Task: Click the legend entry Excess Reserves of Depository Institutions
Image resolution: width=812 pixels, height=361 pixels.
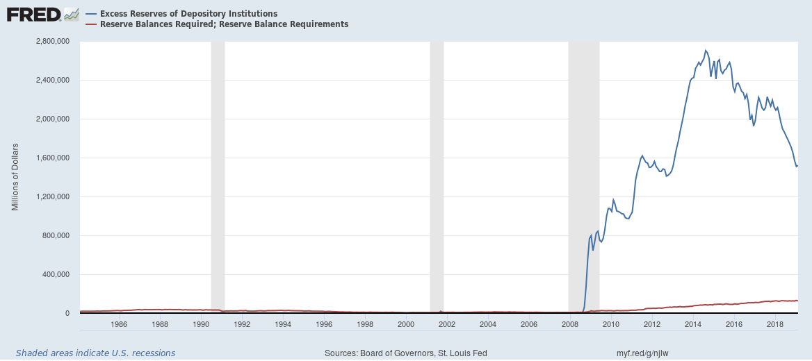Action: pyautogui.click(x=188, y=14)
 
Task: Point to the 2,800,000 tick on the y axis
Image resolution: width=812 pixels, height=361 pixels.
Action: pyautogui.click(x=52, y=42)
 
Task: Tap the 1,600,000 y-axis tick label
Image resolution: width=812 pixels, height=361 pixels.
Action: pyautogui.click(x=52, y=158)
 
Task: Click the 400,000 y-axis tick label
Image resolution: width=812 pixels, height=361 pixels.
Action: pyautogui.click(x=55, y=275)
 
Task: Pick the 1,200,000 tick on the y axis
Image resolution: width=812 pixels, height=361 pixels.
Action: pyautogui.click(x=52, y=197)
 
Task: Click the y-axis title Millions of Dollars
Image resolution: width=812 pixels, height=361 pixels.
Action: pyautogui.click(x=15, y=177)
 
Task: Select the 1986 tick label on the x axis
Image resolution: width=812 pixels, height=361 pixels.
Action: pyautogui.click(x=119, y=324)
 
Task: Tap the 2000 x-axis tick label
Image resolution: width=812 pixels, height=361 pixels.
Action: pyautogui.click(x=406, y=324)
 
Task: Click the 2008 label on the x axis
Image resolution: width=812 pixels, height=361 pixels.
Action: pyautogui.click(x=570, y=324)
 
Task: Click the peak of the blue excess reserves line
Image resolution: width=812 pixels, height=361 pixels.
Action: pyautogui.click(x=706, y=50)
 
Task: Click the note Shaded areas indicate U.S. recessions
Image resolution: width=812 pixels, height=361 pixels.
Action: pyautogui.click(x=95, y=353)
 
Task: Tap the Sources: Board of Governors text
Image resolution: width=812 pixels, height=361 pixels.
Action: pyautogui.click(x=406, y=353)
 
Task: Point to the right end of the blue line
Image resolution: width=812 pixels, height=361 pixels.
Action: pyautogui.click(x=797, y=166)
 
